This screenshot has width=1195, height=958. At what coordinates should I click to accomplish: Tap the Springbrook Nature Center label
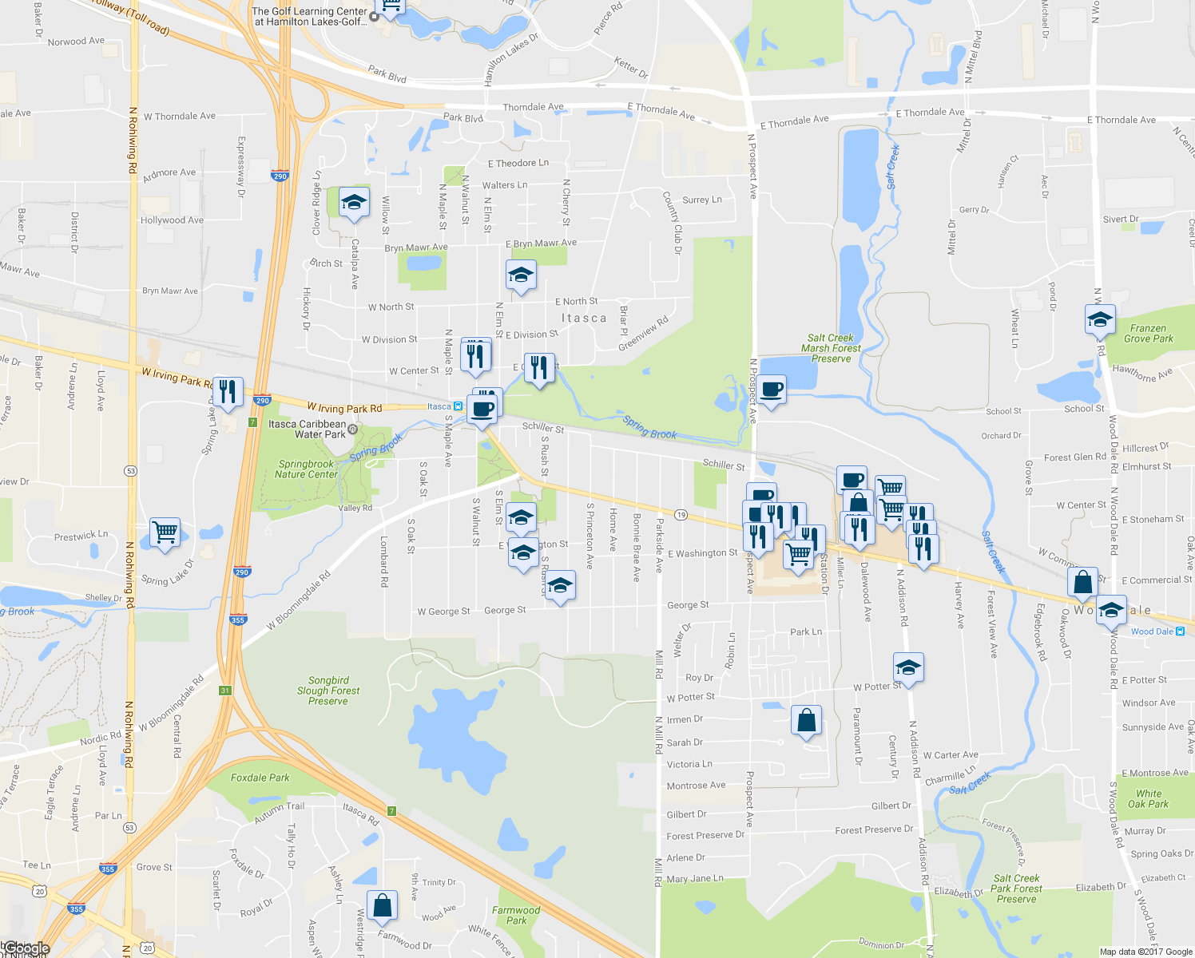pos(306,469)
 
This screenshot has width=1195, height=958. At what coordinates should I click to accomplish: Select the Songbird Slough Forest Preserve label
pos(328,691)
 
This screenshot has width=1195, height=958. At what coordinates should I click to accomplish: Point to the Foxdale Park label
pos(260,778)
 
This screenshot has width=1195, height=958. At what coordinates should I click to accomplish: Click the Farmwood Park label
pos(516,915)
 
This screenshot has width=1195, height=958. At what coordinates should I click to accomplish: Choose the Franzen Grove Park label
pos(1149,334)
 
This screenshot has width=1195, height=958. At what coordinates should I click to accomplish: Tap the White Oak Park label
pos(1149,798)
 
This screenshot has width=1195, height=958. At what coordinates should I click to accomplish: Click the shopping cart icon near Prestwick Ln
pos(165,532)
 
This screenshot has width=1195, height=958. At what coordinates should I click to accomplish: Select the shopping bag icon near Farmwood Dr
pos(382,905)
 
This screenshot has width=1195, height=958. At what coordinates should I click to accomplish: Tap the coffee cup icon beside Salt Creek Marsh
pos(772,390)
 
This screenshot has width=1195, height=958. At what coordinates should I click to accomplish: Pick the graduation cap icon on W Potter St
pos(908,667)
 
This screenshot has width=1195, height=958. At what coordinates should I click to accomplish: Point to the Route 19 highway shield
pos(681,515)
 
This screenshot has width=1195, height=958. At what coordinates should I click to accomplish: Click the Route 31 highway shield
pos(225,691)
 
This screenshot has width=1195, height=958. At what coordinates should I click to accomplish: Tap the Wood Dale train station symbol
pos(1181,631)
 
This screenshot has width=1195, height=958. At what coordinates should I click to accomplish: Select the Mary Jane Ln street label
pos(694,879)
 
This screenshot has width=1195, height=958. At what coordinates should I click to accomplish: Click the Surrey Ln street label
pos(701,200)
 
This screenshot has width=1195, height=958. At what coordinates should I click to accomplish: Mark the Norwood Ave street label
pos(76,42)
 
